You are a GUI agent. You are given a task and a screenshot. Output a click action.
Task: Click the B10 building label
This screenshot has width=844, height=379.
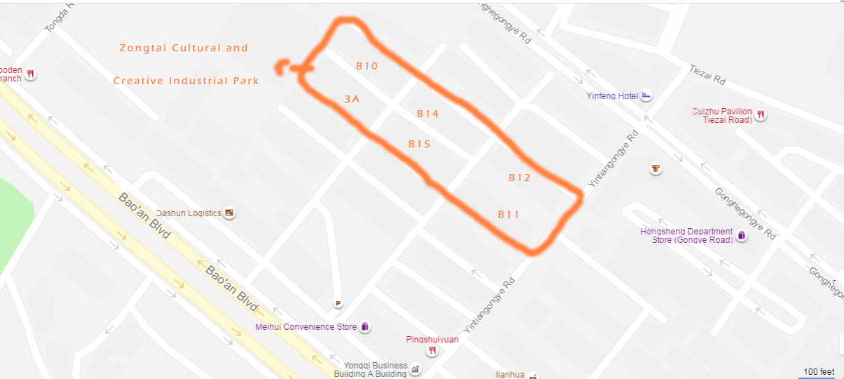click(x=367, y=66)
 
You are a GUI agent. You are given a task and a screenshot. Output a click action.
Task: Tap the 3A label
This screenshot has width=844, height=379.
click(x=352, y=100)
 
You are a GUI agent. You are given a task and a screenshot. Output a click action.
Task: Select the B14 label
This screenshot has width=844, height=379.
click(x=428, y=113)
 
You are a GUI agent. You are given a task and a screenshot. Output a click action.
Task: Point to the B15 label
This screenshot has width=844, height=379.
click(x=419, y=144)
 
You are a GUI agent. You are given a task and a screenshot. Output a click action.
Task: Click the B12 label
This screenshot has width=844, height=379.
click(x=519, y=178)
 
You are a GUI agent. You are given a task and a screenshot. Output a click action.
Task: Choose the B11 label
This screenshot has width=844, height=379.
click(x=508, y=214)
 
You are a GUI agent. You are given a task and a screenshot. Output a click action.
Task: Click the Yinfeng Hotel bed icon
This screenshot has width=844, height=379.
click(x=646, y=95)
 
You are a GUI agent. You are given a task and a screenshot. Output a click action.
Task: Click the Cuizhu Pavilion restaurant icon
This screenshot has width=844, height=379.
click(x=760, y=115)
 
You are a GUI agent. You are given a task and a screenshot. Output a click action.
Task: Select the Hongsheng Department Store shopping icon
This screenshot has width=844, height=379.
click(x=742, y=236)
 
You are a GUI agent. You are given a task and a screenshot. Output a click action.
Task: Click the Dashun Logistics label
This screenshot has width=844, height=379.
click(x=189, y=213)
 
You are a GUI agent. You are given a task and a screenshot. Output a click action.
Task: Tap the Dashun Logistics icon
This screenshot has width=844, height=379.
click(x=229, y=213)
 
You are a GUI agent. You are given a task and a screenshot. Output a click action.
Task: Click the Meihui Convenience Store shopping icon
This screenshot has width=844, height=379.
click(x=365, y=326)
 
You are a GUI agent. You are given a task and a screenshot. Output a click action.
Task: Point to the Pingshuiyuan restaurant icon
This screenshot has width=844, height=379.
click(x=433, y=350)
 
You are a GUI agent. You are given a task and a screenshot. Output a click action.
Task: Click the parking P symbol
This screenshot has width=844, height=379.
click(x=338, y=303)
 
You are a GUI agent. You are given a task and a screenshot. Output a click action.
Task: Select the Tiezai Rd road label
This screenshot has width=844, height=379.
click(x=707, y=75)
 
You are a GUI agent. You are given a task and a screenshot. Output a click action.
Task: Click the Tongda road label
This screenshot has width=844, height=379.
click(x=57, y=18)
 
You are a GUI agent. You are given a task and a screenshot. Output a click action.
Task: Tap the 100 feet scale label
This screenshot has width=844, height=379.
click(x=818, y=371)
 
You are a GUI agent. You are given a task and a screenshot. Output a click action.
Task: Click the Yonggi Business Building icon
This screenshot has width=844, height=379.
click(x=415, y=368)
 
